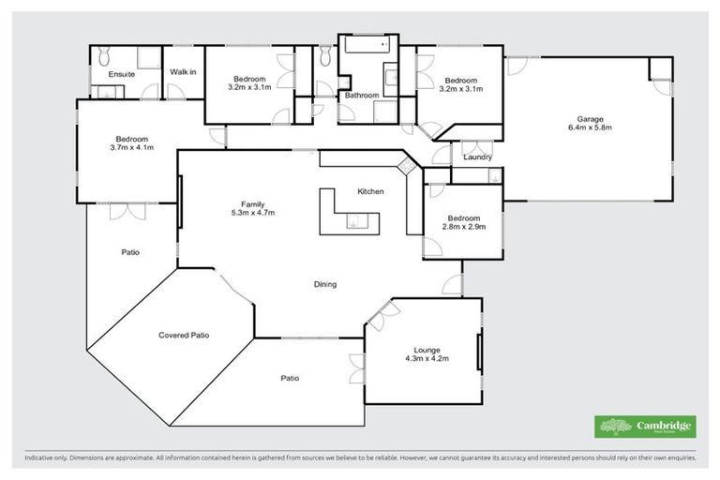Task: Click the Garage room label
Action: point(589,119)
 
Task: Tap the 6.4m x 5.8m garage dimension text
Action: point(589,128)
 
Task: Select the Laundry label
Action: point(478,157)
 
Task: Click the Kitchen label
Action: point(370,191)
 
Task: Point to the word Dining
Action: point(324,284)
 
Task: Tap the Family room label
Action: point(251,203)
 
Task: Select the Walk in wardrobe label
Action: point(183,72)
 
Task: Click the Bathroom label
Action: point(361,96)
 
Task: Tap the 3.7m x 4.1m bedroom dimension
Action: point(131,147)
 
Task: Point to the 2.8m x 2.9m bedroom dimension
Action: point(464,226)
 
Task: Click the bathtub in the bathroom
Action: point(364,45)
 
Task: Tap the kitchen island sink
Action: point(353,222)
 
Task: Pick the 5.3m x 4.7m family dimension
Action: point(251,213)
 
